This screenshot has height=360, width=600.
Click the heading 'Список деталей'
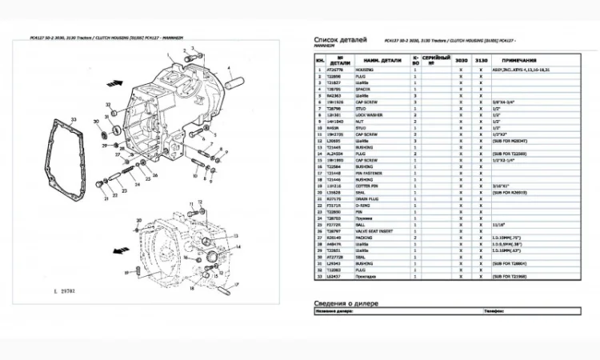(341, 39)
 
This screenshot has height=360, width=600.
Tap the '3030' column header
(461, 60)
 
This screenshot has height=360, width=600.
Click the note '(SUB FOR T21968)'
(509, 275)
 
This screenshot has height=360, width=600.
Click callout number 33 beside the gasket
(74, 118)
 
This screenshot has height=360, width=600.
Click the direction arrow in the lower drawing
(120, 250)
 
